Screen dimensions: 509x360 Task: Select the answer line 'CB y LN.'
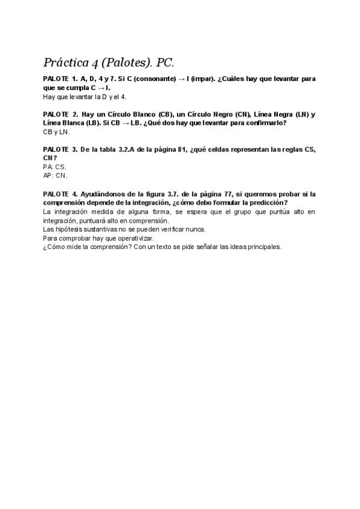56,131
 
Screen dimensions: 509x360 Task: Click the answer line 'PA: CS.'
55,167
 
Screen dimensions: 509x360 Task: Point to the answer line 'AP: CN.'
55,175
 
